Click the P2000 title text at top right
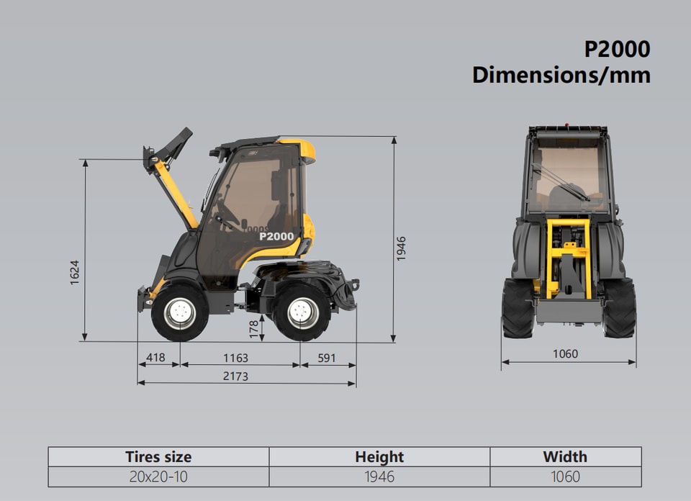(x=617, y=49)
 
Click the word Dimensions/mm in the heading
(x=561, y=75)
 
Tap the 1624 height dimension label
(x=74, y=272)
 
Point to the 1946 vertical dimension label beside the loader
(x=401, y=248)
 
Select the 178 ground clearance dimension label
(x=254, y=329)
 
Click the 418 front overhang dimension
(x=155, y=357)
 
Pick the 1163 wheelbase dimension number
(x=235, y=358)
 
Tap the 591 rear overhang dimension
(x=327, y=358)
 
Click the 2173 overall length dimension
(x=235, y=376)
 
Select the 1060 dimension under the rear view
(x=566, y=354)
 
